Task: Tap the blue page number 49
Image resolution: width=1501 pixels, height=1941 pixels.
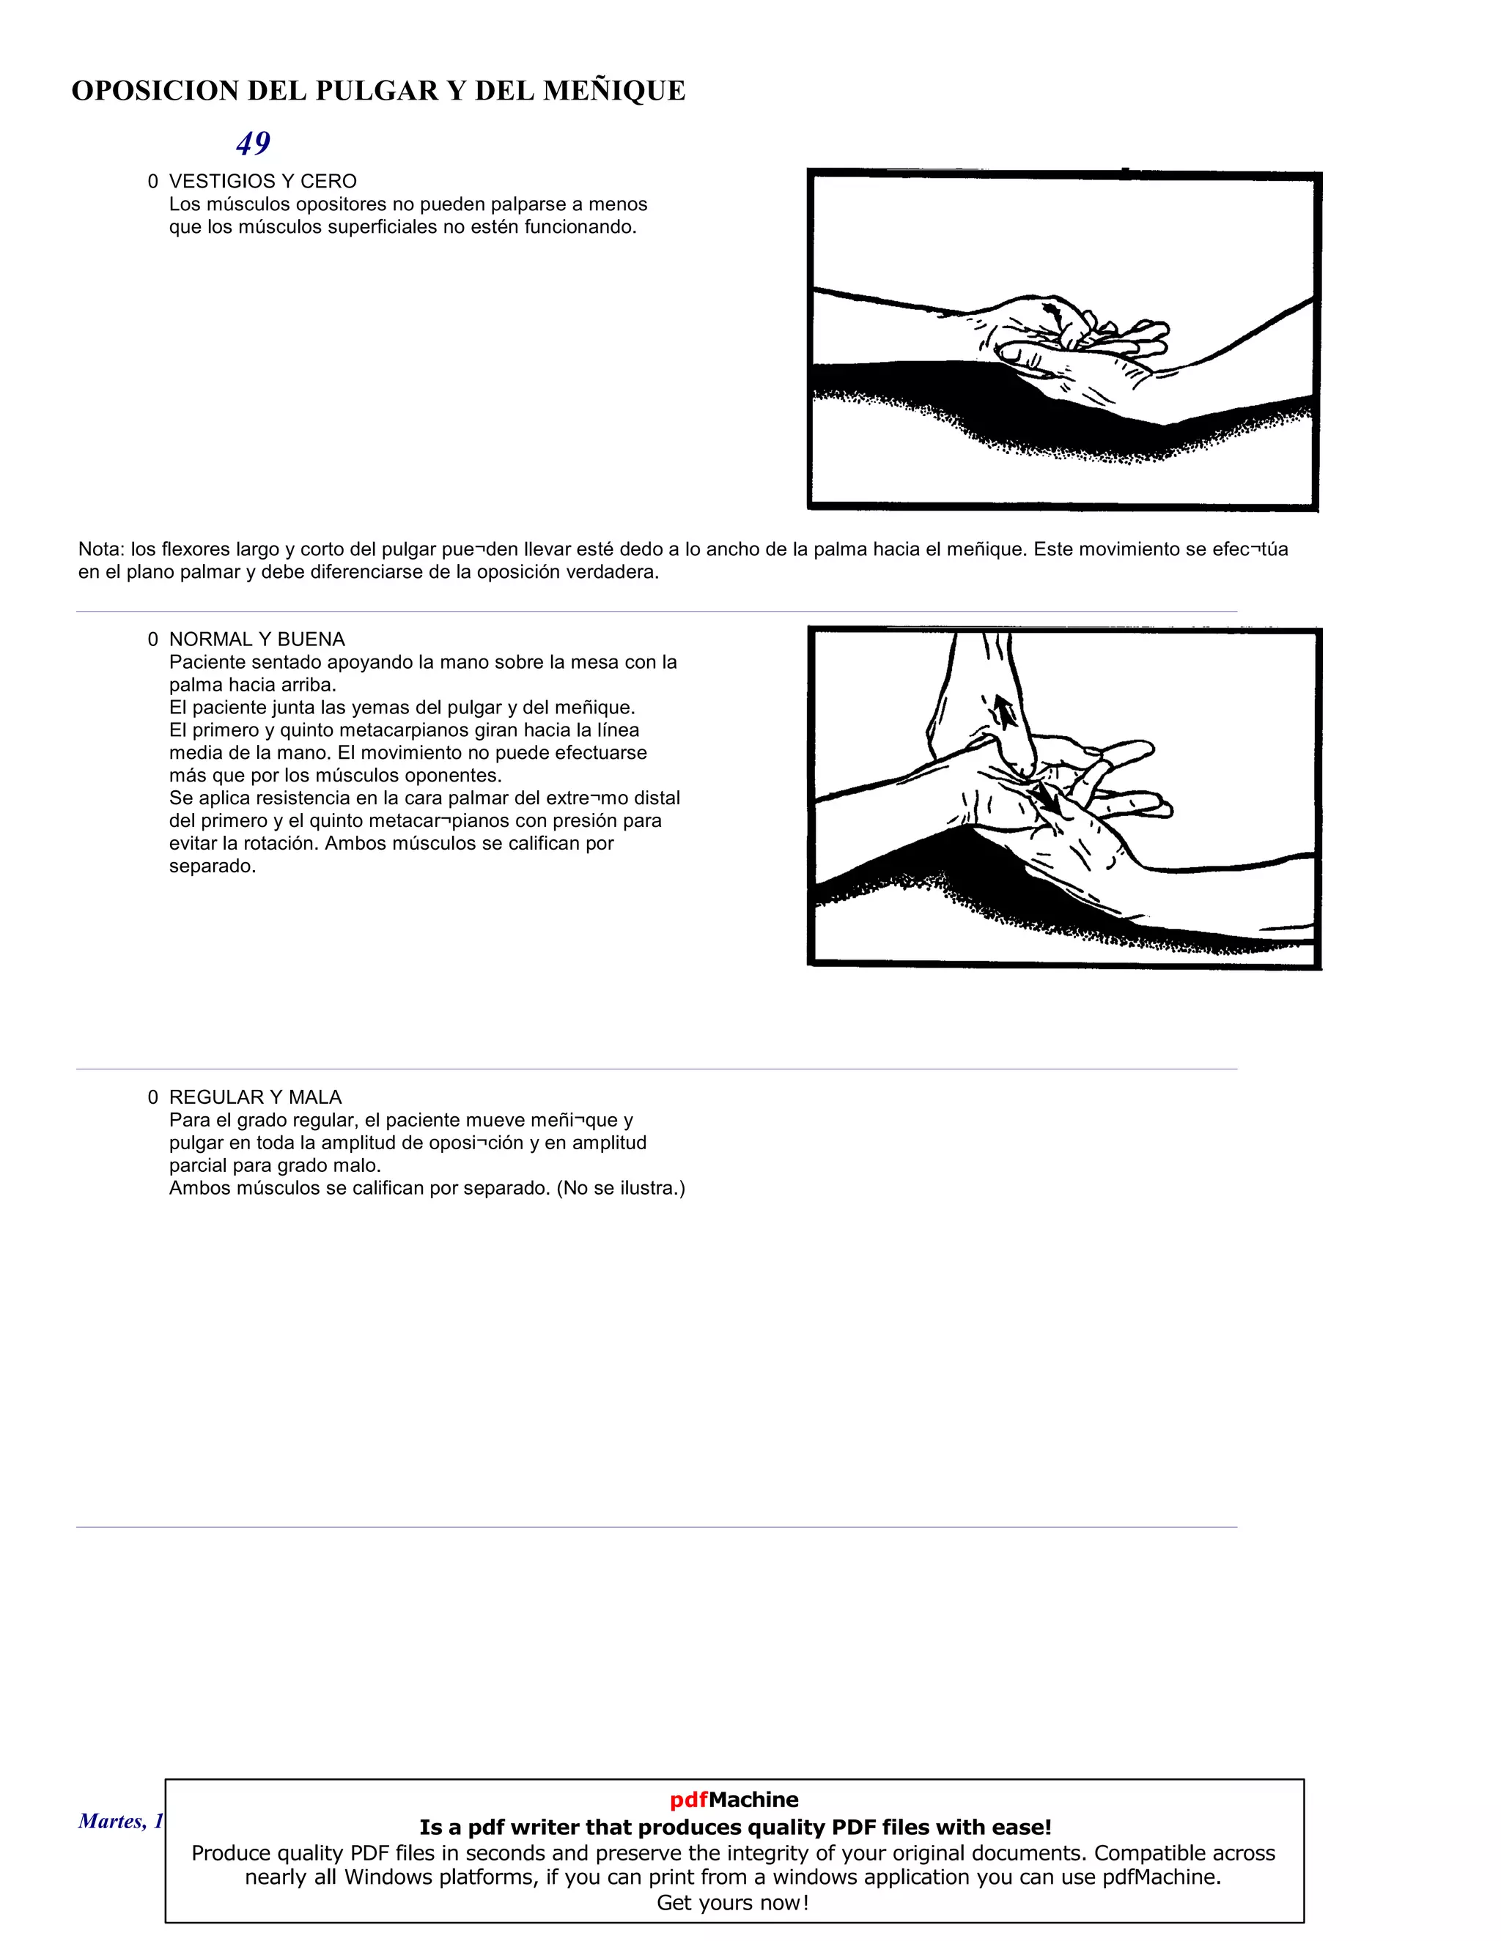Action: pos(254,143)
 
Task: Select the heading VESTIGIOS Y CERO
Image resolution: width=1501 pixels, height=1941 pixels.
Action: pos(262,182)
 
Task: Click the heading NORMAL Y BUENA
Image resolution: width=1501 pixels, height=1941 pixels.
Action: pos(257,639)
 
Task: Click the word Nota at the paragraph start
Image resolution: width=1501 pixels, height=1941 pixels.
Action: pos(100,549)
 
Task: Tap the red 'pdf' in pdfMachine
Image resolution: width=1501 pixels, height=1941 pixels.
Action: pos(689,1800)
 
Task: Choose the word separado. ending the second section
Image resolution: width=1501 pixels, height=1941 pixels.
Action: pos(213,866)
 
